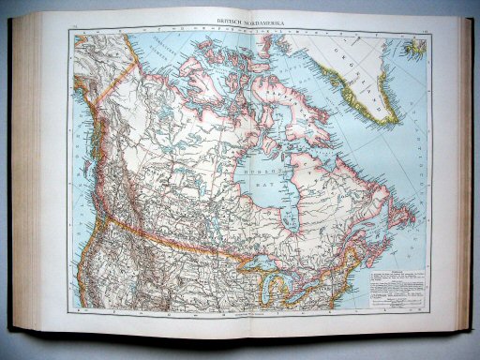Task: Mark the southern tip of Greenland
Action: [399, 130]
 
